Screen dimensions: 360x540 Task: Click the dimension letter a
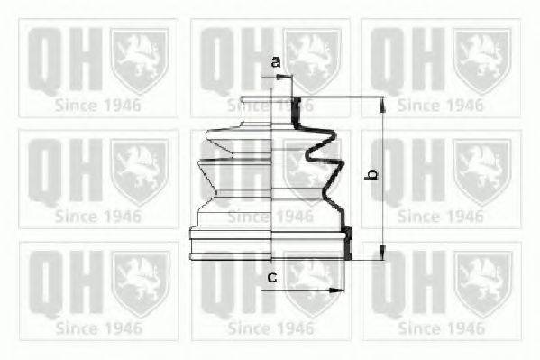pos(276,61)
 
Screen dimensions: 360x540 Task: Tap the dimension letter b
pos(369,176)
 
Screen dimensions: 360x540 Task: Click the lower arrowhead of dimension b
pos(382,254)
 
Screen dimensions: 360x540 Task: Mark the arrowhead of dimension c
pos(340,291)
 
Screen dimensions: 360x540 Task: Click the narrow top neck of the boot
pos(270,104)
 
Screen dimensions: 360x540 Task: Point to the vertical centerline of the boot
pos(271,180)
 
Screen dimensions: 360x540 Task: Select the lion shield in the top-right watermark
pos(482,60)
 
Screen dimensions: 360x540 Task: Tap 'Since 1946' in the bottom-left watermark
pos(97,328)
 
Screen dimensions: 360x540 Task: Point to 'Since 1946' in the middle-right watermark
pos(440,217)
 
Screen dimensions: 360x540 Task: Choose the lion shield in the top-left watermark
pos(140,60)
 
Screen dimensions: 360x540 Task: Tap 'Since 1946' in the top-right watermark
pos(440,105)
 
